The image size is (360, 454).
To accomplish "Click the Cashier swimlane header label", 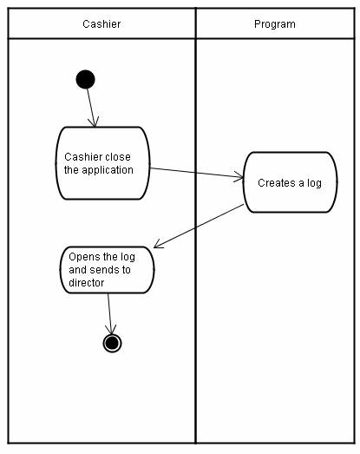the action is coord(101,23).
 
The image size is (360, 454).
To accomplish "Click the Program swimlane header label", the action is coord(275,24).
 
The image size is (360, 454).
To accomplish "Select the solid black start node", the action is coord(85,79).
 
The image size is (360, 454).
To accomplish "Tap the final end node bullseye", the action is coord(112,343).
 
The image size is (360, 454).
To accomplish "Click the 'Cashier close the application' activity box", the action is coord(102,163).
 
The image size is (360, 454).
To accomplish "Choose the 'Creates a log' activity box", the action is coord(291,182).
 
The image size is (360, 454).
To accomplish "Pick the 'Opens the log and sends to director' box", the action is coord(107,270).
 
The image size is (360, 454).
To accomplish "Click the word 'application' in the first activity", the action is coord(108,170).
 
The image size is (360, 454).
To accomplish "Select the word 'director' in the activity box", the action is coord(86,283).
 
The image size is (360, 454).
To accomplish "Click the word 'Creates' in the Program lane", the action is coord(277,183).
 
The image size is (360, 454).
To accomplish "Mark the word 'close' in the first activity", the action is coord(117,157).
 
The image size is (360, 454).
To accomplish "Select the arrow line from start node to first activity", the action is coord(90,108).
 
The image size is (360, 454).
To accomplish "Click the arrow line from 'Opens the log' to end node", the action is coord(109,313).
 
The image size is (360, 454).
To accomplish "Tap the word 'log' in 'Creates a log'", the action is coord(314,183).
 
